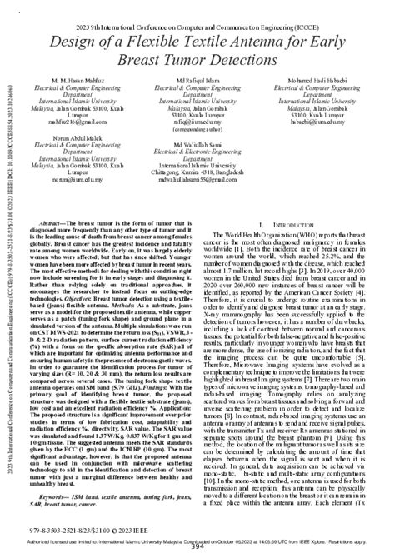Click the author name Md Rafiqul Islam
(198, 81)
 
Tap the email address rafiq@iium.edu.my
(198, 120)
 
